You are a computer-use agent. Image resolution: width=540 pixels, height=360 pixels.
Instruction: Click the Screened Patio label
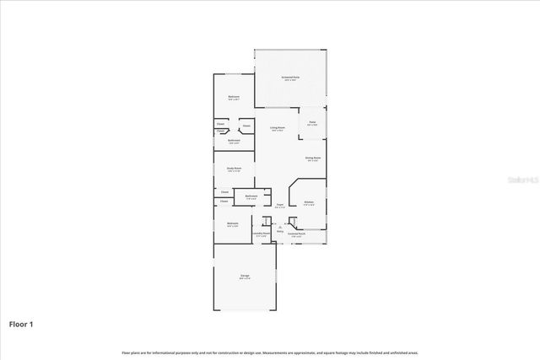pyautogui.click(x=290, y=78)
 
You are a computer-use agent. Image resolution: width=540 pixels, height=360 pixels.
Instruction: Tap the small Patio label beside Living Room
pyautogui.click(x=311, y=123)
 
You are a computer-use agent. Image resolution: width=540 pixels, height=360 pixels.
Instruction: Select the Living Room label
pyautogui.click(x=277, y=128)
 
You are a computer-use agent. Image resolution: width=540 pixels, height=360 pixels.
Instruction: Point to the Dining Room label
pyautogui.click(x=312, y=158)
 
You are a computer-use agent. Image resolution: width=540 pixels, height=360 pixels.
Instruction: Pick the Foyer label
pyautogui.click(x=279, y=204)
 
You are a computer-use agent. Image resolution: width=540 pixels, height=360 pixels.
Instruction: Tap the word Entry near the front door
pyautogui.click(x=280, y=230)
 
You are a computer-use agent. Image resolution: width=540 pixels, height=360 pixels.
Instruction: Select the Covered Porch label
pyautogui.click(x=295, y=234)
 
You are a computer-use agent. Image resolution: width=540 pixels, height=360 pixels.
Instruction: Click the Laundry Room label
pyautogui.click(x=262, y=234)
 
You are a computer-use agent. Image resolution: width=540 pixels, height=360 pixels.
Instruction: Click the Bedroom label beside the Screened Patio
pyautogui.click(x=234, y=97)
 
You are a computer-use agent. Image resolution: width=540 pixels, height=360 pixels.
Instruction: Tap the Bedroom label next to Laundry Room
pyautogui.click(x=232, y=223)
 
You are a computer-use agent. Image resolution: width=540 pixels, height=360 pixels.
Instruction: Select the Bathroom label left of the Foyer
pyautogui.click(x=251, y=196)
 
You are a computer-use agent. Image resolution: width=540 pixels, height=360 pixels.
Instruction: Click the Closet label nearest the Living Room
pyautogui.click(x=246, y=127)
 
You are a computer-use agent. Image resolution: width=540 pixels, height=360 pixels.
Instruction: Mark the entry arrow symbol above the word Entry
pyautogui.click(x=280, y=226)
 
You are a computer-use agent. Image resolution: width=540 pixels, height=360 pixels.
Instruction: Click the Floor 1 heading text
pyautogui.click(x=20, y=324)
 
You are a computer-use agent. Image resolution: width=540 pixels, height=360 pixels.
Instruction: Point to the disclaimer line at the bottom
pyautogui.click(x=269, y=352)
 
